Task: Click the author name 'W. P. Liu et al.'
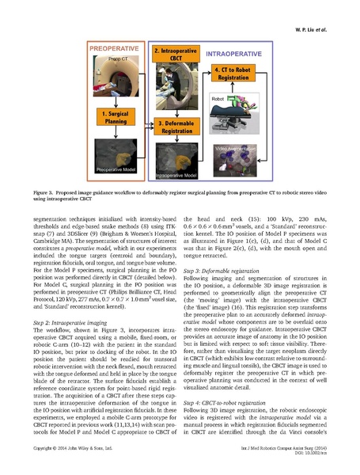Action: click(x=320, y=12)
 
